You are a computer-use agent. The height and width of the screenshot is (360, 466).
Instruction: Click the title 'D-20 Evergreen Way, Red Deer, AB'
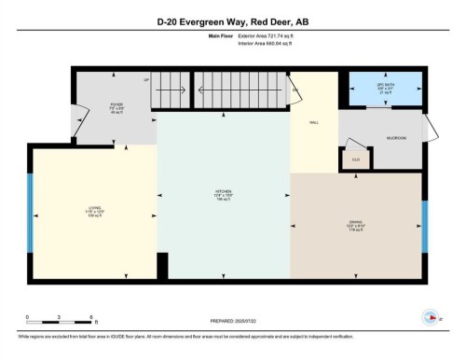(x=233, y=20)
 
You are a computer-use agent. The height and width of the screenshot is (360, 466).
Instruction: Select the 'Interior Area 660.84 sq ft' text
(x=271, y=43)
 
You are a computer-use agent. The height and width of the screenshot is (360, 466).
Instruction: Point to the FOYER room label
(x=116, y=106)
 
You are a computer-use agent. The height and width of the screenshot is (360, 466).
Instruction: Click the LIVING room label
(x=94, y=210)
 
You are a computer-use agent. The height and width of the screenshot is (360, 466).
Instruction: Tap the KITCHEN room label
(x=223, y=197)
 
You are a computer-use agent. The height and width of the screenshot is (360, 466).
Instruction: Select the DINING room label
(x=355, y=224)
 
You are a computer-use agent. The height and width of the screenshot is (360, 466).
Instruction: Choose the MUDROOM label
(x=396, y=138)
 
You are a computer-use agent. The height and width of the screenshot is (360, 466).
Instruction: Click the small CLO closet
(x=355, y=159)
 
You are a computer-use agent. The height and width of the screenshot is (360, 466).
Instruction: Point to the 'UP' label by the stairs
(x=146, y=80)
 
